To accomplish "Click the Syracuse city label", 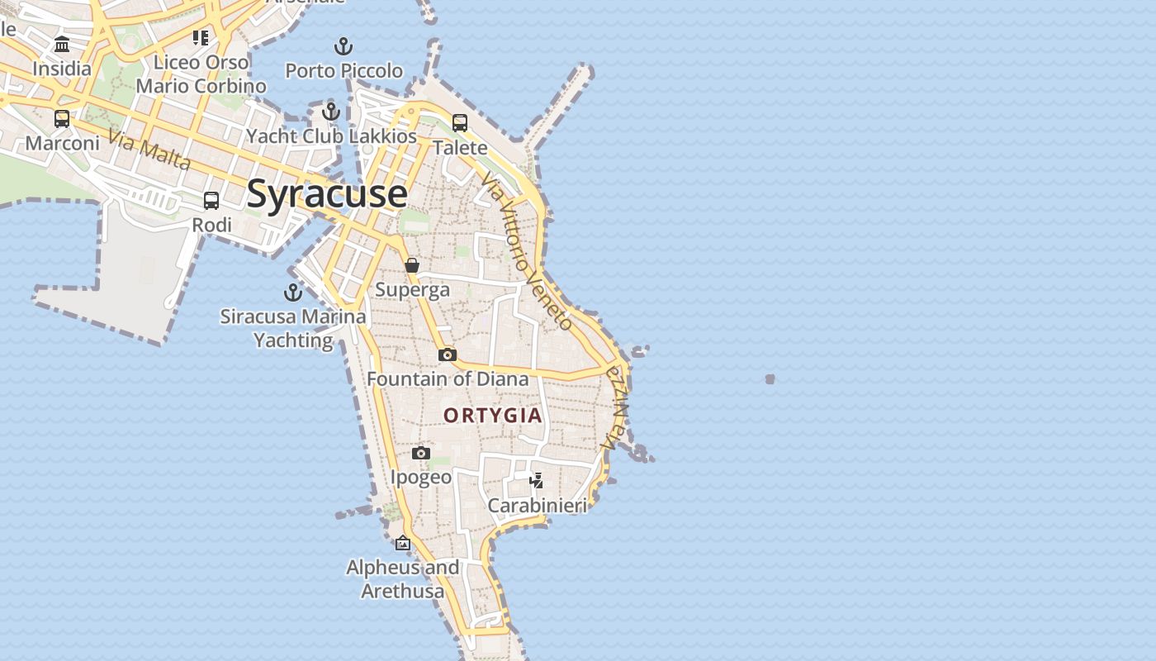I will click(327, 193).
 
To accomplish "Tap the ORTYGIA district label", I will click(493, 415).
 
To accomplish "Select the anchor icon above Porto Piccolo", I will click(343, 45).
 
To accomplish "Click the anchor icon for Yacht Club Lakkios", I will click(331, 111).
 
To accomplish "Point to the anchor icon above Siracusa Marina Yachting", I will click(293, 292).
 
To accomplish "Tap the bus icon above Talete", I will click(460, 123).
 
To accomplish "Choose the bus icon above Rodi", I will click(211, 200).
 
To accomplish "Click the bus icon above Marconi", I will click(62, 118).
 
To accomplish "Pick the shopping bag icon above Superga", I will click(412, 265).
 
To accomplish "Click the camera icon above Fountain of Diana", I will click(448, 354).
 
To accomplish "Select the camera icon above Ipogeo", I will click(421, 453).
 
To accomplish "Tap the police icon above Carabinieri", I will click(537, 480).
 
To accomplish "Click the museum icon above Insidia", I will click(62, 44).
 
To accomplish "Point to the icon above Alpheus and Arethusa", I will click(403, 543).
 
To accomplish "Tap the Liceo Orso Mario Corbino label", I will click(201, 74).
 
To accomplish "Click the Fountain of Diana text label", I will click(448, 378).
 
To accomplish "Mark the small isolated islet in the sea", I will click(770, 379).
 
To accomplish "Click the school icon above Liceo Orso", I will click(201, 37).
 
